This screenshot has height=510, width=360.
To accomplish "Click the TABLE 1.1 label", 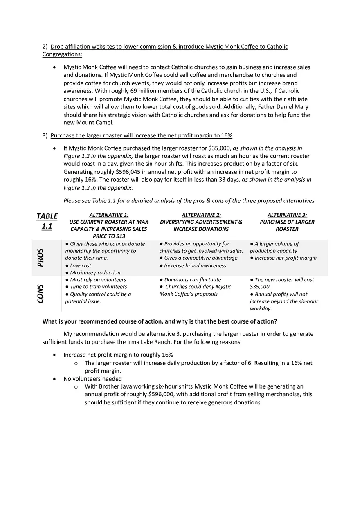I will [x=47, y=221].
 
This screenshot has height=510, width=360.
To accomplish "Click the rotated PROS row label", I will [x=40, y=258].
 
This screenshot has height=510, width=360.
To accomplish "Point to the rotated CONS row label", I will [x=40, y=294].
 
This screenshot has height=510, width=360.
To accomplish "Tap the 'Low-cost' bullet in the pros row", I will [x=81, y=265].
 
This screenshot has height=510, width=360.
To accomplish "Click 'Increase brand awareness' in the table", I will [x=195, y=265].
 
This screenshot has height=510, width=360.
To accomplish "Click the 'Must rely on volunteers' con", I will [x=98, y=280].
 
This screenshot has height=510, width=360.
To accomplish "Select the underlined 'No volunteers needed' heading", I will [x=92, y=379].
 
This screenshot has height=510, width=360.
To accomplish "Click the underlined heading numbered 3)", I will [x=141, y=135].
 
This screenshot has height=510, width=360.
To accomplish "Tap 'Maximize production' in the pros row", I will [x=95, y=273].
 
